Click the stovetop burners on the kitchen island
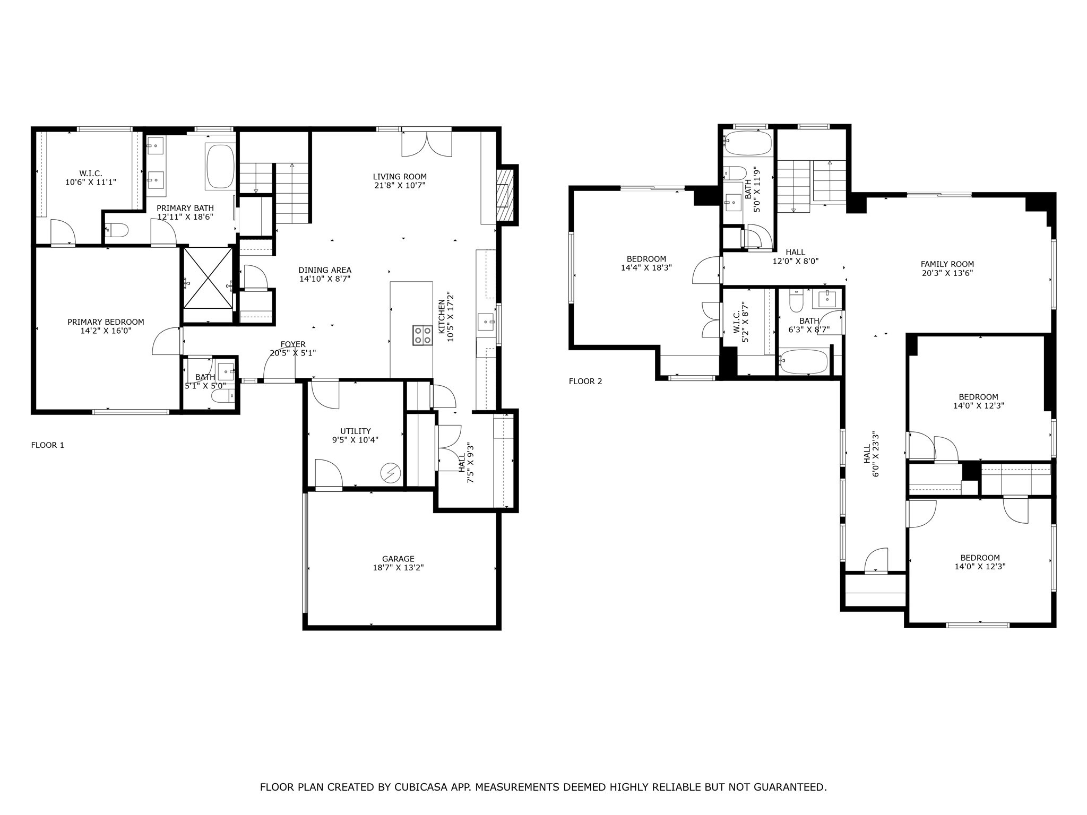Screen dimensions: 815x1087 point(423,335)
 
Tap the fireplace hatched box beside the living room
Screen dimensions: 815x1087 point(505,195)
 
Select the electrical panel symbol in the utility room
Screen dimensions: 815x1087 point(391,472)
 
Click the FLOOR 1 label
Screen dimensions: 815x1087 point(48,445)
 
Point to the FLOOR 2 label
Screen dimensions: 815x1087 point(585,381)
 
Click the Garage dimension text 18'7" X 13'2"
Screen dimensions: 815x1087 point(398,568)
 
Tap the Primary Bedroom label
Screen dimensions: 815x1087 point(106,322)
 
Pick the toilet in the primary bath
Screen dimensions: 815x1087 point(118,230)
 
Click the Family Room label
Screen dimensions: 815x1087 point(947,264)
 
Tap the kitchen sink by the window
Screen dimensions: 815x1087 point(486,322)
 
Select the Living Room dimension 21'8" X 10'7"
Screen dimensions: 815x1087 point(399,186)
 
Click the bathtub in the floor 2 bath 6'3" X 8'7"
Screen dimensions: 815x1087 point(804,361)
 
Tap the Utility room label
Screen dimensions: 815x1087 point(355,431)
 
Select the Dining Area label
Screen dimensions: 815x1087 point(325,270)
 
